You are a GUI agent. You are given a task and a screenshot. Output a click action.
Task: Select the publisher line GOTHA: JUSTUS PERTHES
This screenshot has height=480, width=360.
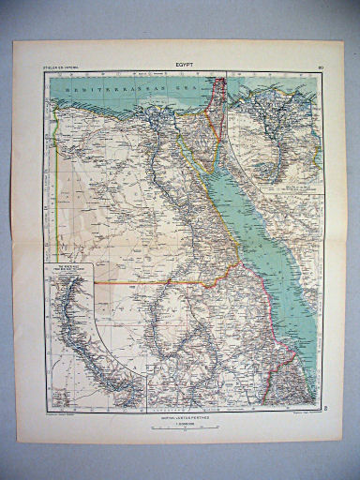tap(183, 415)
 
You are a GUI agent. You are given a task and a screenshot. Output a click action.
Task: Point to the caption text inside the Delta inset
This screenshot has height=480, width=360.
tap(300, 185)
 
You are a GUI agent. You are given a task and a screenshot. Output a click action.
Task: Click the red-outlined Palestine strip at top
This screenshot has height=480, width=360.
tap(218, 94)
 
